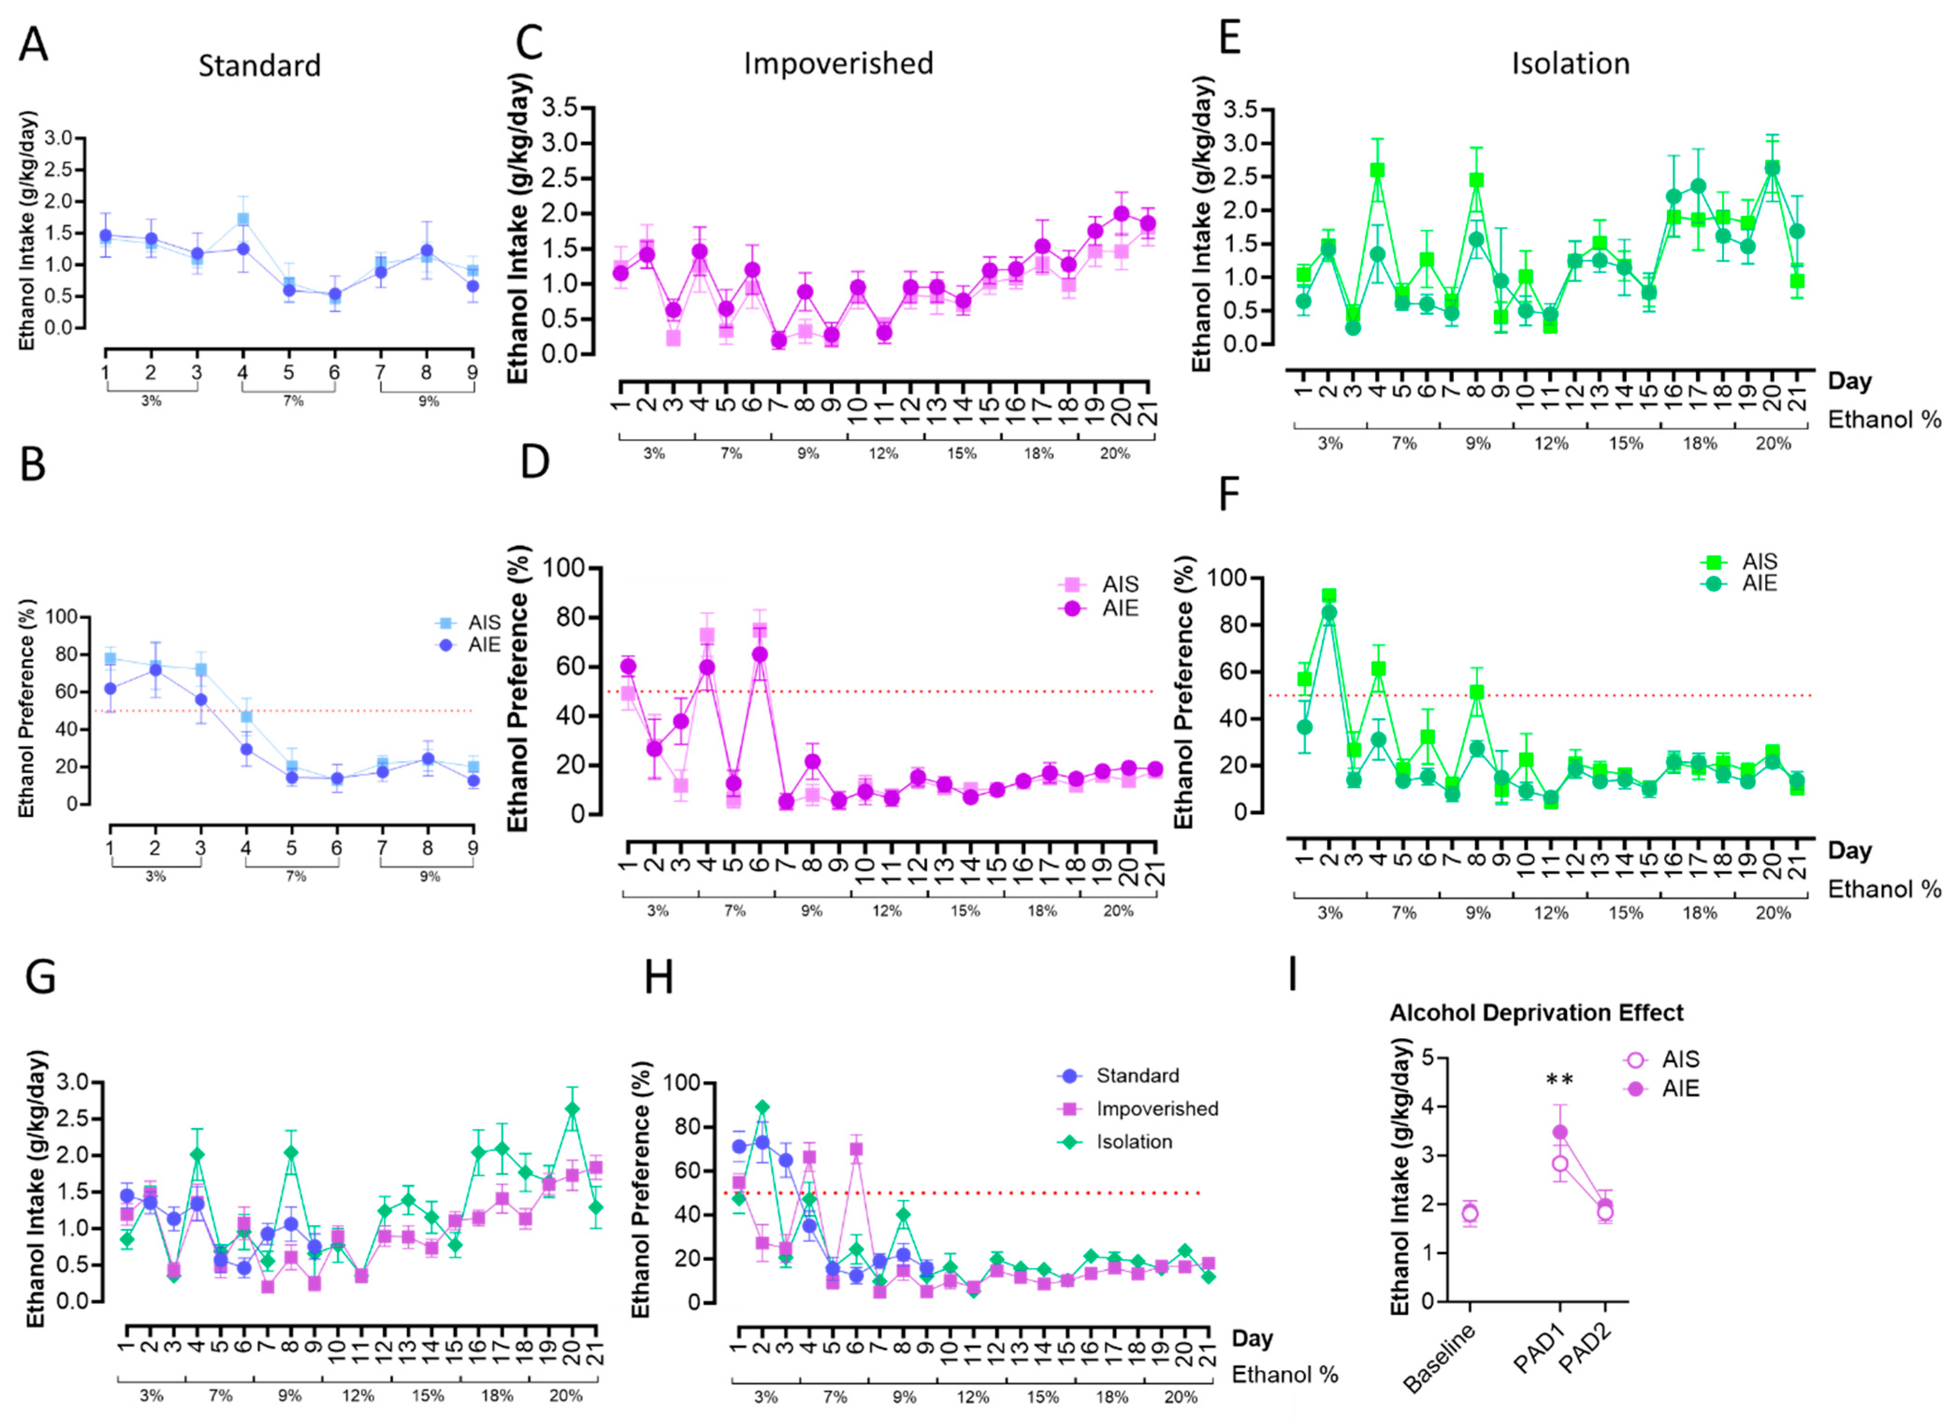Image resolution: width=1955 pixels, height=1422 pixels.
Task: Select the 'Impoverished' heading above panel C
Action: coord(838,64)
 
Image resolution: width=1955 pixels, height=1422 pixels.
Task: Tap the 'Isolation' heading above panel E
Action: coord(1571,64)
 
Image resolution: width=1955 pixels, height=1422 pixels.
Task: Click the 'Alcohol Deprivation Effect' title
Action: coord(1536,1013)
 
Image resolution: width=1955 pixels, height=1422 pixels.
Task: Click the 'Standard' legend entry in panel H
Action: coord(1137,1076)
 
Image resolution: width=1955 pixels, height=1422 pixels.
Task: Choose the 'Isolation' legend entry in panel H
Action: coord(1133,1142)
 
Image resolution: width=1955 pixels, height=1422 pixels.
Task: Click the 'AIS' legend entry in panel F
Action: coord(1760,562)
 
